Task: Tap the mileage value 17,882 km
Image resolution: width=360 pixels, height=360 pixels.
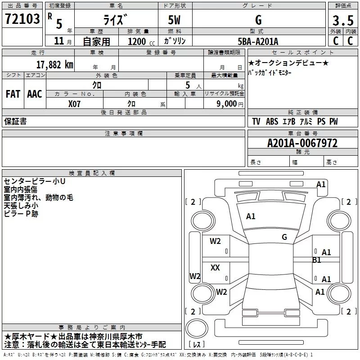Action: pyautogui.click(x=54, y=64)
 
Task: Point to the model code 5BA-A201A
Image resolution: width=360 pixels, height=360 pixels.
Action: pyautogui.click(x=258, y=41)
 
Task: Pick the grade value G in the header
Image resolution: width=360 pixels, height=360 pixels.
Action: pyautogui.click(x=258, y=20)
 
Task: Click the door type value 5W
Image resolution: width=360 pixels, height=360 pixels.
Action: pyautogui.click(x=175, y=20)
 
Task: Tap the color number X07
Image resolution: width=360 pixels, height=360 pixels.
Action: pyautogui.click(x=75, y=104)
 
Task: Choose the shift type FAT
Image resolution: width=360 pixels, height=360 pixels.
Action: pyautogui.click(x=13, y=94)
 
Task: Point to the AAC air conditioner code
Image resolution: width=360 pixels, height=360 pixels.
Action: pyautogui.click(x=34, y=94)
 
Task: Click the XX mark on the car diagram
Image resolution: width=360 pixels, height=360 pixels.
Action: pyautogui.click(x=215, y=268)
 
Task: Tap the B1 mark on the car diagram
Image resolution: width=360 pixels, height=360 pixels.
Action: pyautogui.click(x=317, y=260)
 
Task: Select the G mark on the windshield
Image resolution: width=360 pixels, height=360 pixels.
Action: pyautogui.click(x=284, y=237)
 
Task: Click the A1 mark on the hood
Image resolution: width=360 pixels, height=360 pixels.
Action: pyautogui.click(x=251, y=216)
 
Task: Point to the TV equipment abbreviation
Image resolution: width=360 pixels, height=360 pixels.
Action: pyautogui.click(x=256, y=121)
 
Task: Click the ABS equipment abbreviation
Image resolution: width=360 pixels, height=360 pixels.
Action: pyautogui.click(x=272, y=121)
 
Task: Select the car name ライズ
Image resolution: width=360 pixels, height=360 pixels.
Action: pyautogui.click(x=116, y=20)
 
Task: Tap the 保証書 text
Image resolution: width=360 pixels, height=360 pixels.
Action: pyautogui.click(x=15, y=121)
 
